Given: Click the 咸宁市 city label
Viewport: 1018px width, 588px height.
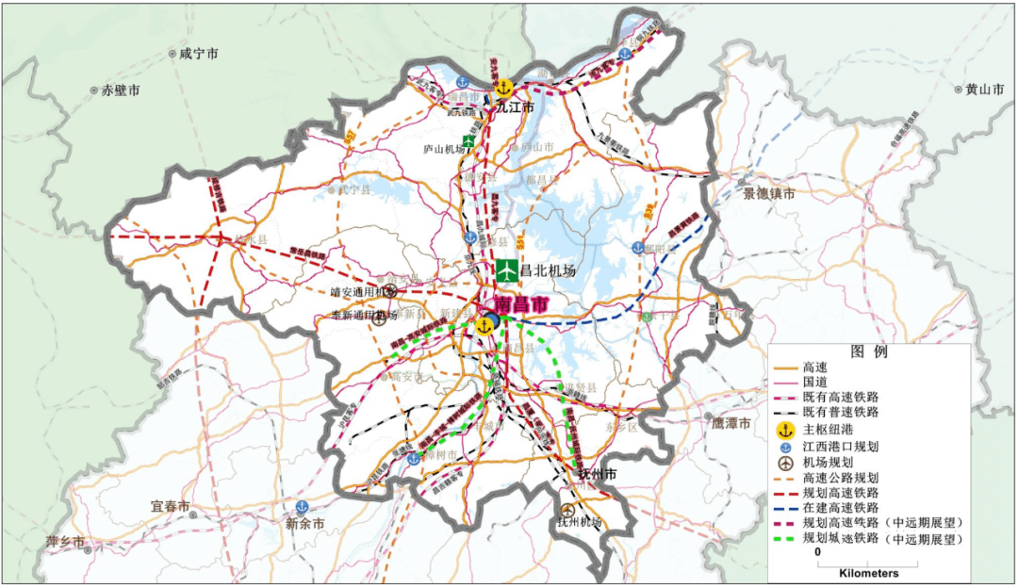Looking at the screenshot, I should [x=198, y=55].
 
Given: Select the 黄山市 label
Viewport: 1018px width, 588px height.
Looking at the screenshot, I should [x=984, y=90].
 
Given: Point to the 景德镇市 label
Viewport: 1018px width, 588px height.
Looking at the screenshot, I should [x=768, y=194].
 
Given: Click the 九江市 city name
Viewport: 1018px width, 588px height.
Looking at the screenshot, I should [x=516, y=108].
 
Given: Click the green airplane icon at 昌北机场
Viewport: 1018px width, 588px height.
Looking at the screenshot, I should [x=507, y=270].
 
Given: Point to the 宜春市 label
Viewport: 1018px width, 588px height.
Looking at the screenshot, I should [x=170, y=506].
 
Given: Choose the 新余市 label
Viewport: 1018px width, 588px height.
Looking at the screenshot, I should [x=305, y=523].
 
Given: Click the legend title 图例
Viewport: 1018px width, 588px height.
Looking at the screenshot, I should [x=869, y=351].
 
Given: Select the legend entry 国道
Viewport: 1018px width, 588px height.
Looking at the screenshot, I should [x=815, y=383].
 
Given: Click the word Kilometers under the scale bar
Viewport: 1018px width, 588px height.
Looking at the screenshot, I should [x=868, y=573].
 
